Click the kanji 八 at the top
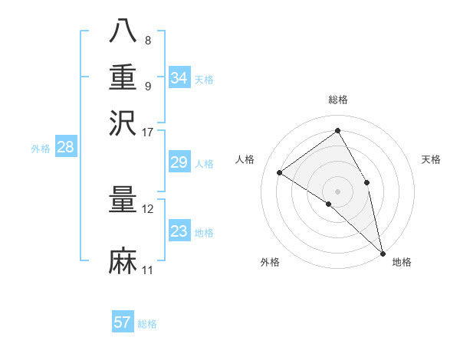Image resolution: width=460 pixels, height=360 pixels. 123,31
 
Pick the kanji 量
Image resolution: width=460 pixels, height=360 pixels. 123,200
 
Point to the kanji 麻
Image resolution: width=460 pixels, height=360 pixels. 123,261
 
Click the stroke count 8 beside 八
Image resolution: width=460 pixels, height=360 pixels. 148,41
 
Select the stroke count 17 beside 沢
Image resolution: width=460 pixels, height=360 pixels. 148,131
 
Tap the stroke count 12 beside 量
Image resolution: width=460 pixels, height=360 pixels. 148,209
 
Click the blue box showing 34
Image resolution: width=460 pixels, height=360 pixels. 179,78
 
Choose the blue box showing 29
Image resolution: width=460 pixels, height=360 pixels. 179,162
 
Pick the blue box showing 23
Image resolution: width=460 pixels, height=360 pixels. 179,231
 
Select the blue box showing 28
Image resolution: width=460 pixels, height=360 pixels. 65,148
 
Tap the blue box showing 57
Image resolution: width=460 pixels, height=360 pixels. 123,322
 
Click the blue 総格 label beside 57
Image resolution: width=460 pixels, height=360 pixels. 147,324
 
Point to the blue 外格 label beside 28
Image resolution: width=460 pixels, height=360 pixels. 41,149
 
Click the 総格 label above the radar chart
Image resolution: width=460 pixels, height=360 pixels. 338,100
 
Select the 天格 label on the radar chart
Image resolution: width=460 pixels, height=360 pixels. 431,159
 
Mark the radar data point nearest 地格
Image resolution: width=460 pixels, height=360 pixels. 383,252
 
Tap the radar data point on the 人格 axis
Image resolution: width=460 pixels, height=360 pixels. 280,172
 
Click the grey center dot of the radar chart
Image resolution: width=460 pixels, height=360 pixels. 338,191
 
